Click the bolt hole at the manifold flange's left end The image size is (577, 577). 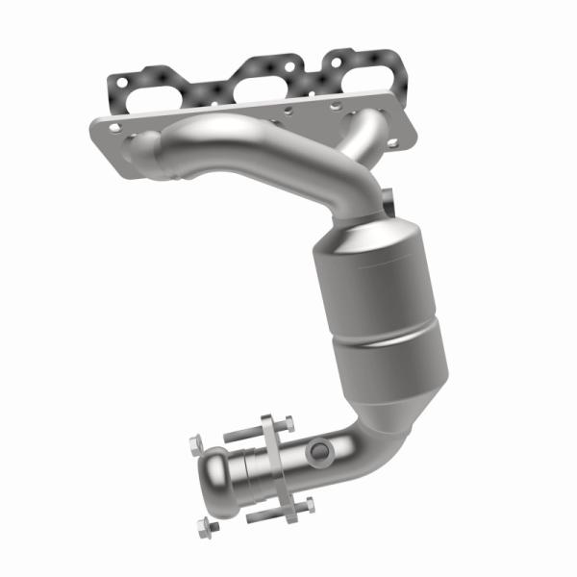114,126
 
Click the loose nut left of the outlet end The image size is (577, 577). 195,444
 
